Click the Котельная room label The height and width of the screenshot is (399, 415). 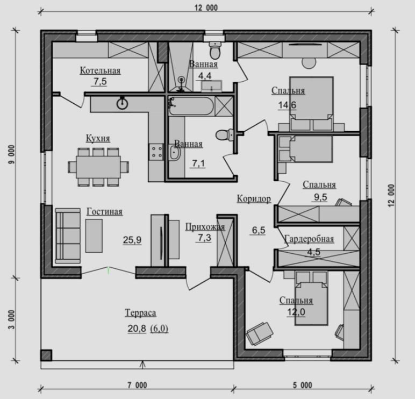(x=101, y=70)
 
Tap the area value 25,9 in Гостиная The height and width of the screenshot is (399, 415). (x=132, y=240)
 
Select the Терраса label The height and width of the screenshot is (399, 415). (x=140, y=312)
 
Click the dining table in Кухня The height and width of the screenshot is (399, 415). (x=98, y=167)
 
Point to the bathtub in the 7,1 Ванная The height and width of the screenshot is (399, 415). (x=191, y=106)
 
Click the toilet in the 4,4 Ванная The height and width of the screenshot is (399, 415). (x=214, y=51)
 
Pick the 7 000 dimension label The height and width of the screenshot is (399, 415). (x=137, y=385)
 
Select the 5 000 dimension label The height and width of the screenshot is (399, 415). (x=302, y=385)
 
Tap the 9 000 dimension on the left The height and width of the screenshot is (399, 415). (x=12, y=154)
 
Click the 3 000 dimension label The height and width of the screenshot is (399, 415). (x=12, y=319)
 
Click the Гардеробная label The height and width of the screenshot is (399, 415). (x=309, y=239)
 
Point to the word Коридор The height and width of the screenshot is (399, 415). (x=254, y=198)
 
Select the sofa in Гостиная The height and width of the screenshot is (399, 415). (x=68, y=236)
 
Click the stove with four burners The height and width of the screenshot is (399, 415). (x=156, y=152)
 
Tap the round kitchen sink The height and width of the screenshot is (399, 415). (x=122, y=104)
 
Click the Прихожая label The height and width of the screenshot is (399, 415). (x=205, y=227)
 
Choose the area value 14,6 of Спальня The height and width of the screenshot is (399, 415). (x=287, y=105)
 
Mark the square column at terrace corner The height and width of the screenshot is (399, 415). (x=46, y=355)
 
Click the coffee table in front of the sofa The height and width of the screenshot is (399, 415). (x=94, y=236)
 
